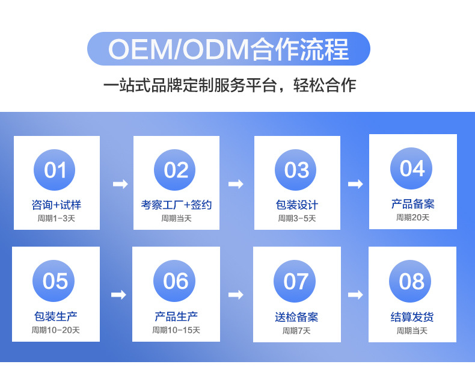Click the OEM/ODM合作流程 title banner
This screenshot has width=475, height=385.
coord(228,49)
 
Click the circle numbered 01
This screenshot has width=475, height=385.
coord(55,170)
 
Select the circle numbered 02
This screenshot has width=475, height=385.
coord(176,170)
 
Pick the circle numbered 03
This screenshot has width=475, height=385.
coord(296,170)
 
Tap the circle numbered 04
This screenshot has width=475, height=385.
coord(412,168)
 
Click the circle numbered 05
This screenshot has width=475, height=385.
coord(55,281)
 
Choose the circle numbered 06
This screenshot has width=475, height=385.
coord(176,281)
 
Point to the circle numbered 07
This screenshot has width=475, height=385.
coord(295,282)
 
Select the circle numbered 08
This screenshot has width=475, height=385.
coord(411,281)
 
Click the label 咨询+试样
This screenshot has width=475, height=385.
coord(56,205)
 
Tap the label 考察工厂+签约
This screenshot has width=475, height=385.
coord(176,205)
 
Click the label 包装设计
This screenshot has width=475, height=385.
coord(296,205)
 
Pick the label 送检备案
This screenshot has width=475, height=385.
coord(296,317)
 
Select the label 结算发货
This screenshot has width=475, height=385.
coord(412,317)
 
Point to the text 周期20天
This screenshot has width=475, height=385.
coord(412,217)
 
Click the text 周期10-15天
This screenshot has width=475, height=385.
coord(176,330)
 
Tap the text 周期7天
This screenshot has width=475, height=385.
coord(296,330)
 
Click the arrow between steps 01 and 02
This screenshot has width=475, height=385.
coord(120,184)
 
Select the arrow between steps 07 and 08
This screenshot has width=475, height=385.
coord(355,295)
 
